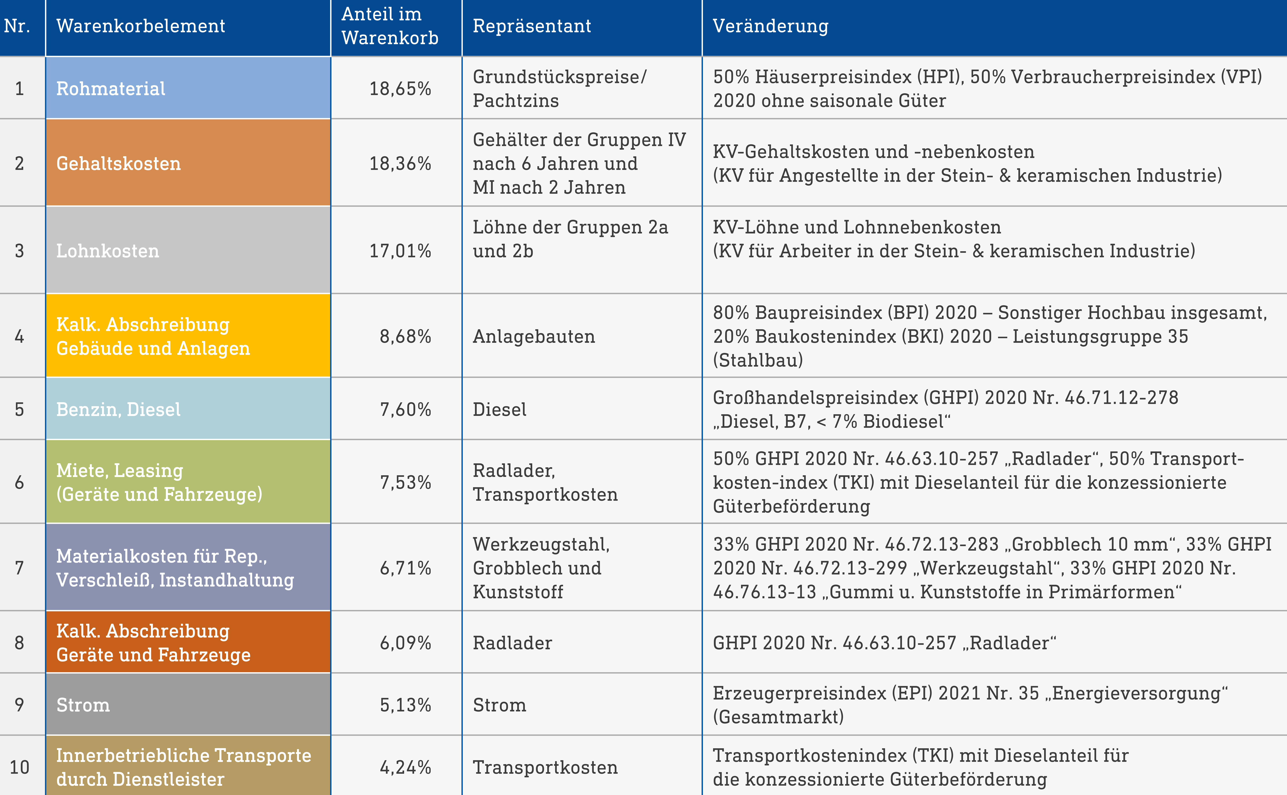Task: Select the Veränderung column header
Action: click(x=770, y=26)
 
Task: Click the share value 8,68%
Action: click(x=405, y=337)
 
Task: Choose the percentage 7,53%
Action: click(x=405, y=482)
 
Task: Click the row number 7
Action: click(x=19, y=568)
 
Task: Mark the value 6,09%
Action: click(x=405, y=642)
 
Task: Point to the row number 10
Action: click(x=19, y=767)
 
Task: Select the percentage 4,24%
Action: click(x=405, y=767)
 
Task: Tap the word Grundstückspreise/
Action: click(x=560, y=77)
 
